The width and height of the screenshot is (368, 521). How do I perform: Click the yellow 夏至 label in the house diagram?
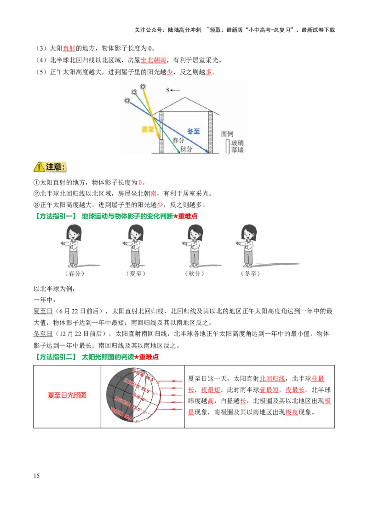point(148,129)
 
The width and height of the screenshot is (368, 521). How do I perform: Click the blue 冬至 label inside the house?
point(194,131)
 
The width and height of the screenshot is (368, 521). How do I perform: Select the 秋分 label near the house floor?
point(186,148)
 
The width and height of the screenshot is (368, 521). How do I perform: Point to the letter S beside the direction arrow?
point(167,90)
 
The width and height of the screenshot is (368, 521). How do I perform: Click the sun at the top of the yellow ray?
point(143,87)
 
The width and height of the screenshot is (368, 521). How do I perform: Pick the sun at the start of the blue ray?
point(127,100)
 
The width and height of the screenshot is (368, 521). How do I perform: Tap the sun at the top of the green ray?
point(134,92)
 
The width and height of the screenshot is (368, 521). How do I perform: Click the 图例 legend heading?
point(227,133)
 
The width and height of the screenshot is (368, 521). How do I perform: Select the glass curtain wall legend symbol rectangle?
point(227,146)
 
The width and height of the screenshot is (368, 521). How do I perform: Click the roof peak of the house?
point(185,98)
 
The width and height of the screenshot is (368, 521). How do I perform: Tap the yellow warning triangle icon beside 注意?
point(39,167)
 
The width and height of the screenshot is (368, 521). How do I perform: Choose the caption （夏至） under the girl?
point(135,273)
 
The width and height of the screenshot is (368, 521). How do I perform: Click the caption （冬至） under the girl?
point(250,273)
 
